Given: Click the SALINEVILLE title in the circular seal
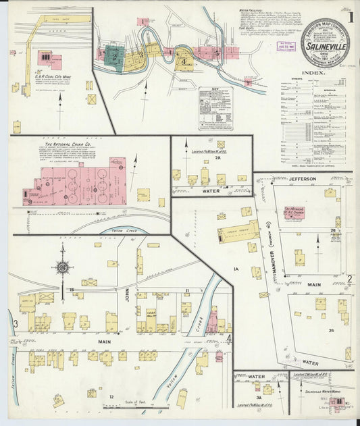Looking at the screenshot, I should (x=326, y=49).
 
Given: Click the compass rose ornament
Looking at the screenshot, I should (x=62, y=267).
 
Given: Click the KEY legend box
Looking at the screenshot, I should (x=215, y=108).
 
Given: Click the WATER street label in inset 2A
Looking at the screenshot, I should (x=211, y=190).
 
